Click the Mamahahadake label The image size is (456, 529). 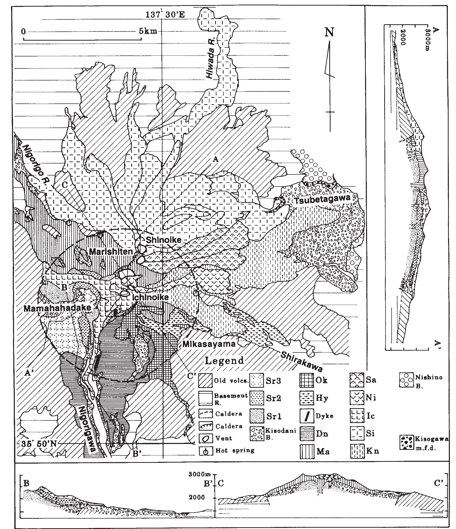coord(57,308)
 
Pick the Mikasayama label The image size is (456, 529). coord(209,344)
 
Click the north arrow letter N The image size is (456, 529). coord(329,32)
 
